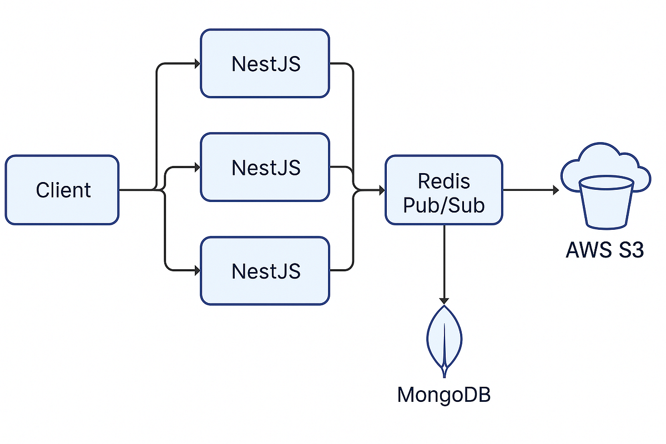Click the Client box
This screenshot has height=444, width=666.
click(62, 190)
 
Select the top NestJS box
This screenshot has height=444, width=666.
click(265, 63)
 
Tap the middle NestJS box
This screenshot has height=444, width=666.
click(265, 167)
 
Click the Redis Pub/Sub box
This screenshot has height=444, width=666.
click(444, 190)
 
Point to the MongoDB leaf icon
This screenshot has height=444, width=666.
click(444, 339)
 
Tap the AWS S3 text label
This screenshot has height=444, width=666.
click(604, 250)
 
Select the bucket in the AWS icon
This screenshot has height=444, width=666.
click(606, 203)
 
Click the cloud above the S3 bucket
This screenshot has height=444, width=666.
click(606, 161)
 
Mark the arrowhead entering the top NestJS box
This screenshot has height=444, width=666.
click(196, 63)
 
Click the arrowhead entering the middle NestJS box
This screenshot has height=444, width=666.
click(196, 167)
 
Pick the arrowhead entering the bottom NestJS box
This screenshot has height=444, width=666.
click(196, 271)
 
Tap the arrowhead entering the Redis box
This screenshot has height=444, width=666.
click(381, 190)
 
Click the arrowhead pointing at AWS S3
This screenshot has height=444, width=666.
click(555, 190)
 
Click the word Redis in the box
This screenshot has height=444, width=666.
click(444, 181)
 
